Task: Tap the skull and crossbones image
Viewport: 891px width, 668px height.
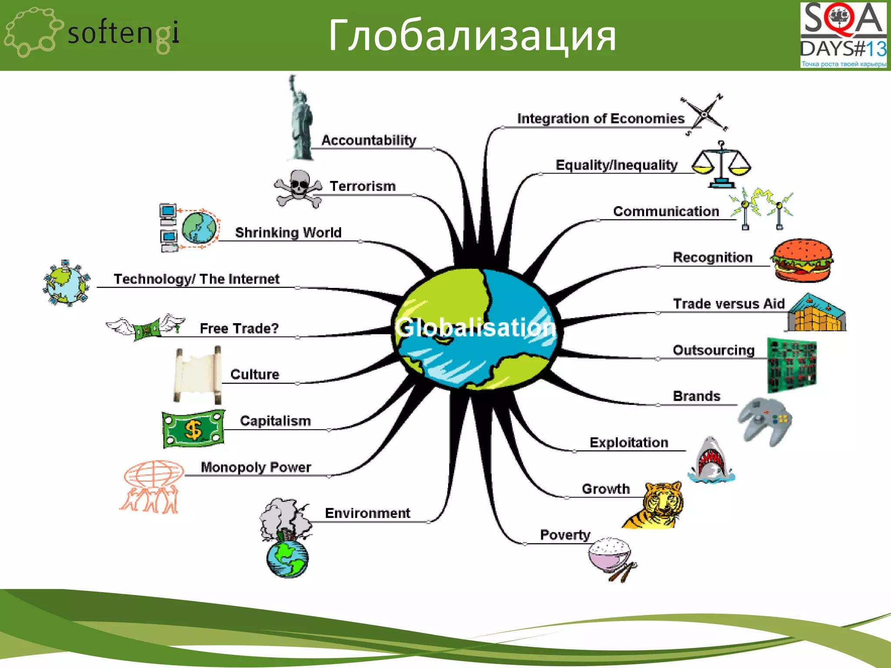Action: click(x=298, y=188)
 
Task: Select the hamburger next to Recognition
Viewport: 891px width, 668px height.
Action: click(x=802, y=260)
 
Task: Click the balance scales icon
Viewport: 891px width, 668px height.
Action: click(x=721, y=165)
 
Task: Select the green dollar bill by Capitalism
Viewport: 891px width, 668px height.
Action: click(x=194, y=429)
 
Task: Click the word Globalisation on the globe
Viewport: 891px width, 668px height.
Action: click(x=475, y=327)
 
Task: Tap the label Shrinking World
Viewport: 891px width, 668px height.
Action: click(x=288, y=232)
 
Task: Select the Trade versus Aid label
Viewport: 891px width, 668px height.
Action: click(x=728, y=304)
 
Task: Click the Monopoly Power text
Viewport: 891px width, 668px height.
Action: click(x=256, y=467)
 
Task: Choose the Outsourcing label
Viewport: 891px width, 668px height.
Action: click(x=713, y=350)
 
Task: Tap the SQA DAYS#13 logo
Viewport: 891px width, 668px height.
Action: click(x=843, y=35)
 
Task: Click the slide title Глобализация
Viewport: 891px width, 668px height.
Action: click(x=472, y=36)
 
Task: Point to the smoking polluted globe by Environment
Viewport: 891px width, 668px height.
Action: click(x=286, y=539)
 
